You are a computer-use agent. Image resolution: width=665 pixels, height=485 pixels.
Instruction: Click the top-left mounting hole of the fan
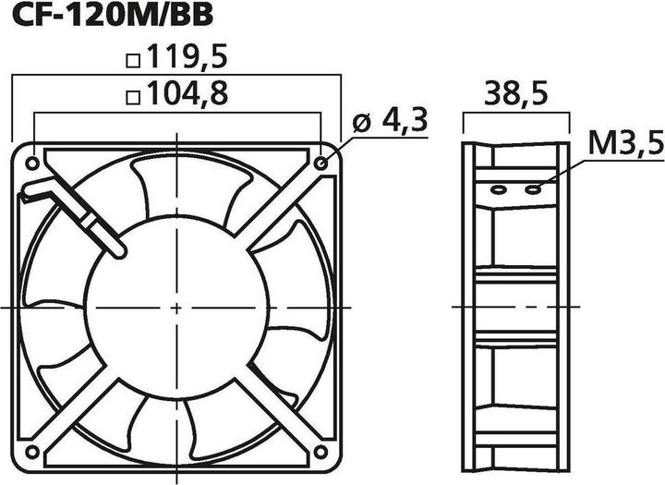tap(33, 163)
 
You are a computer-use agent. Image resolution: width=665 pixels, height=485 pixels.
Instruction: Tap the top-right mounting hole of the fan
tap(320, 163)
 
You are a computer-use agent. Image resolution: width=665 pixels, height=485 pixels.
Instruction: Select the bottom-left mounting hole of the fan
tap(33, 451)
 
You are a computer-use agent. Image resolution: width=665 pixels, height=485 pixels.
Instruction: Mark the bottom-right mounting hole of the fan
tap(320, 451)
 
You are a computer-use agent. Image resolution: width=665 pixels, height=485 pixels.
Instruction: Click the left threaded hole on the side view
tap(498, 189)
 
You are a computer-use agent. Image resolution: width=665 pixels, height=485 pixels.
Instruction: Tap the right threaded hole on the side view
tap(533, 189)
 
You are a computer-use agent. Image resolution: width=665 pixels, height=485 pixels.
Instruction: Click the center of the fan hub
tap(176, 306)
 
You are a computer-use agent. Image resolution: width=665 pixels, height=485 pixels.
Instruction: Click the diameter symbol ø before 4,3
tap(362, 124)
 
